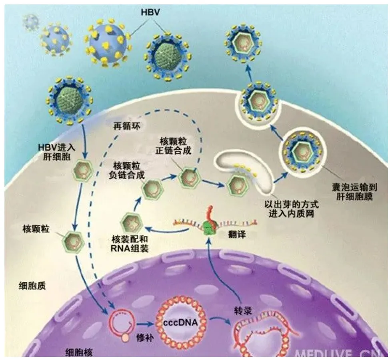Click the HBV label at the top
[150, 12]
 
